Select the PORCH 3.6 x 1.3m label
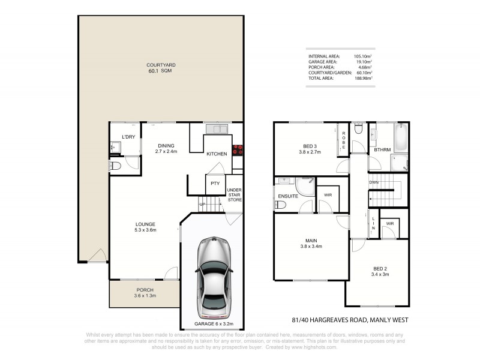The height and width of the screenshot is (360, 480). coord(144,292)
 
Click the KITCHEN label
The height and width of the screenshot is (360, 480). coord(217,154)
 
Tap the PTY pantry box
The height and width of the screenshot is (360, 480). coord(215,183)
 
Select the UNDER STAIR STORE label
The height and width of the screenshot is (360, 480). coord(234,196)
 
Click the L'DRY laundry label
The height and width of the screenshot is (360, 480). coord(128,137)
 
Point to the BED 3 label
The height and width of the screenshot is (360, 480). coord(309,148)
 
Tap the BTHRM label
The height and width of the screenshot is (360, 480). coord(382,150)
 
